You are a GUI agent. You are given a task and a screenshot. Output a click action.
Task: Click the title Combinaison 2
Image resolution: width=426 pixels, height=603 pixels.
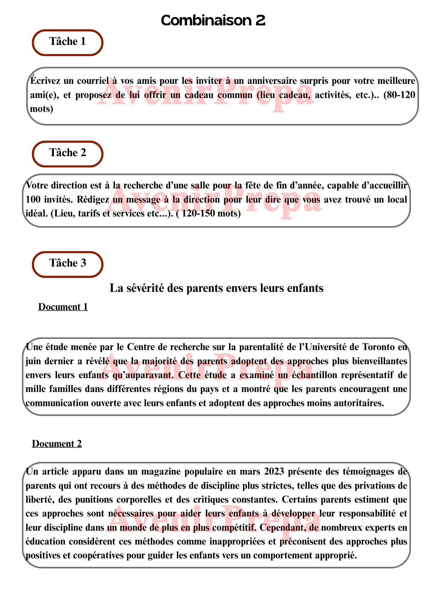point(213,21)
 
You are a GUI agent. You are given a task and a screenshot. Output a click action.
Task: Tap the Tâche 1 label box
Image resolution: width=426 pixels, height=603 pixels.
point(67,42)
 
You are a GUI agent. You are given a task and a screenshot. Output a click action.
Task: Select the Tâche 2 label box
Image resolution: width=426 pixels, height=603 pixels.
point(67,153)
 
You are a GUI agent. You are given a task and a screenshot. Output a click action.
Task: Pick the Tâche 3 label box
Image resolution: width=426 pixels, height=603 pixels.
point(67,264)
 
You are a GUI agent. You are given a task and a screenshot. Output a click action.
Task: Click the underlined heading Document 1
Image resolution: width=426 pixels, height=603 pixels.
point(63,307)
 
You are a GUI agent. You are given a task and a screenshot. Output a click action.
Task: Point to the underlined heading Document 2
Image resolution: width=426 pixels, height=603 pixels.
point(57,444)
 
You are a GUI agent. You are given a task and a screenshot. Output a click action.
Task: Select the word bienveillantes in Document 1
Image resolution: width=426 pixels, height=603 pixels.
point(375,361)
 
